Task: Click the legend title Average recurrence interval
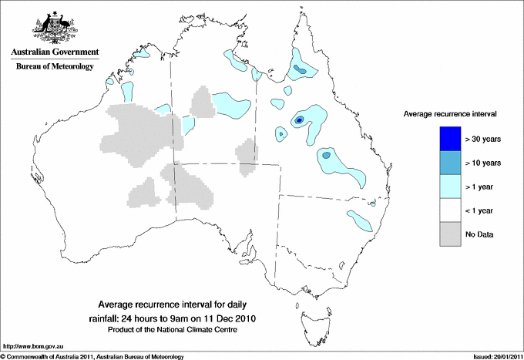coord(450,113)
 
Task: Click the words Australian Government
coord(55,53)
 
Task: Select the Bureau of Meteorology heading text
coord(55,67)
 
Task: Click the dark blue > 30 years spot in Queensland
coord(299,120)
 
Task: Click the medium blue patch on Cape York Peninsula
coord(301,70)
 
